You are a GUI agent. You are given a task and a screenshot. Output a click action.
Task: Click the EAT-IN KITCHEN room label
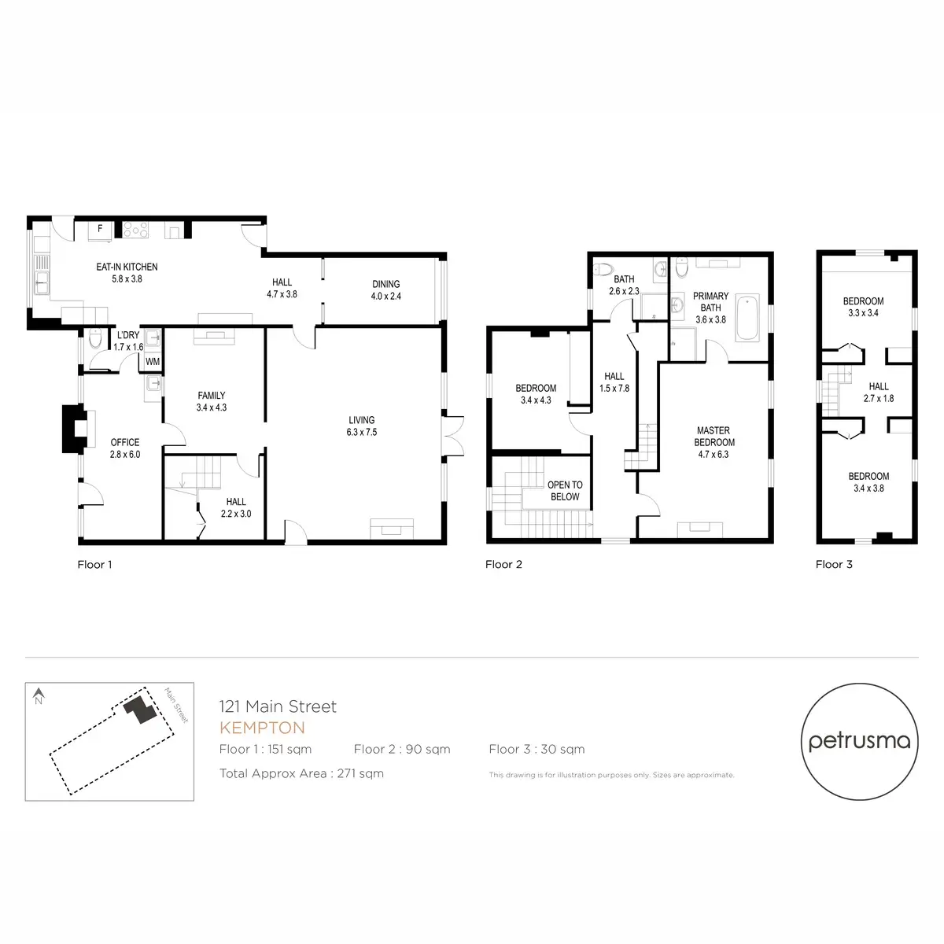(127, 267)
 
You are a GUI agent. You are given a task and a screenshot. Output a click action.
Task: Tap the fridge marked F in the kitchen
(100, 230)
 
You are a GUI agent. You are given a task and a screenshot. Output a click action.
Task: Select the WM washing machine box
(153, 362)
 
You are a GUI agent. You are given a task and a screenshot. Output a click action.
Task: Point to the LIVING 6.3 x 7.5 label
(362, 426)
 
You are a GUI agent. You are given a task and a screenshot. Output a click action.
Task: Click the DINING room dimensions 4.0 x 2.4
(385, 297)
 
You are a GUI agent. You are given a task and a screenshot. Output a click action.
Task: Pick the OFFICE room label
(125, 443)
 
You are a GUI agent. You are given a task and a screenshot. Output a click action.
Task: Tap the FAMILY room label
(212, 396)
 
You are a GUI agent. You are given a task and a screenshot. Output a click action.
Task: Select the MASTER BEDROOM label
(714, 437)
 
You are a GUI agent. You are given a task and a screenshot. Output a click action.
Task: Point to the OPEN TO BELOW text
(565, 491)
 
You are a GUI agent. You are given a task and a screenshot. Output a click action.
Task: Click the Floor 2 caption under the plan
(503, 564)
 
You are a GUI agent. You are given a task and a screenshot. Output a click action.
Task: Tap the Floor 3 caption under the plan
(834, 564)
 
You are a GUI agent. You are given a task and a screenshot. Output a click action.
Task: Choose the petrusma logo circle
(859, 741)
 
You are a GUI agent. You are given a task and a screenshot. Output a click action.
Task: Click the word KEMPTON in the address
(262, 728)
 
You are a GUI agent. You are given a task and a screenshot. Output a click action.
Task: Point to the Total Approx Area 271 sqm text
(301, 773)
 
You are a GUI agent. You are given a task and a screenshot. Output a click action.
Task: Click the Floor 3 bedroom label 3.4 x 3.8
(868, 482)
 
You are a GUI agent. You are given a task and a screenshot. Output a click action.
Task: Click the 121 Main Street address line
(278, 706)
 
